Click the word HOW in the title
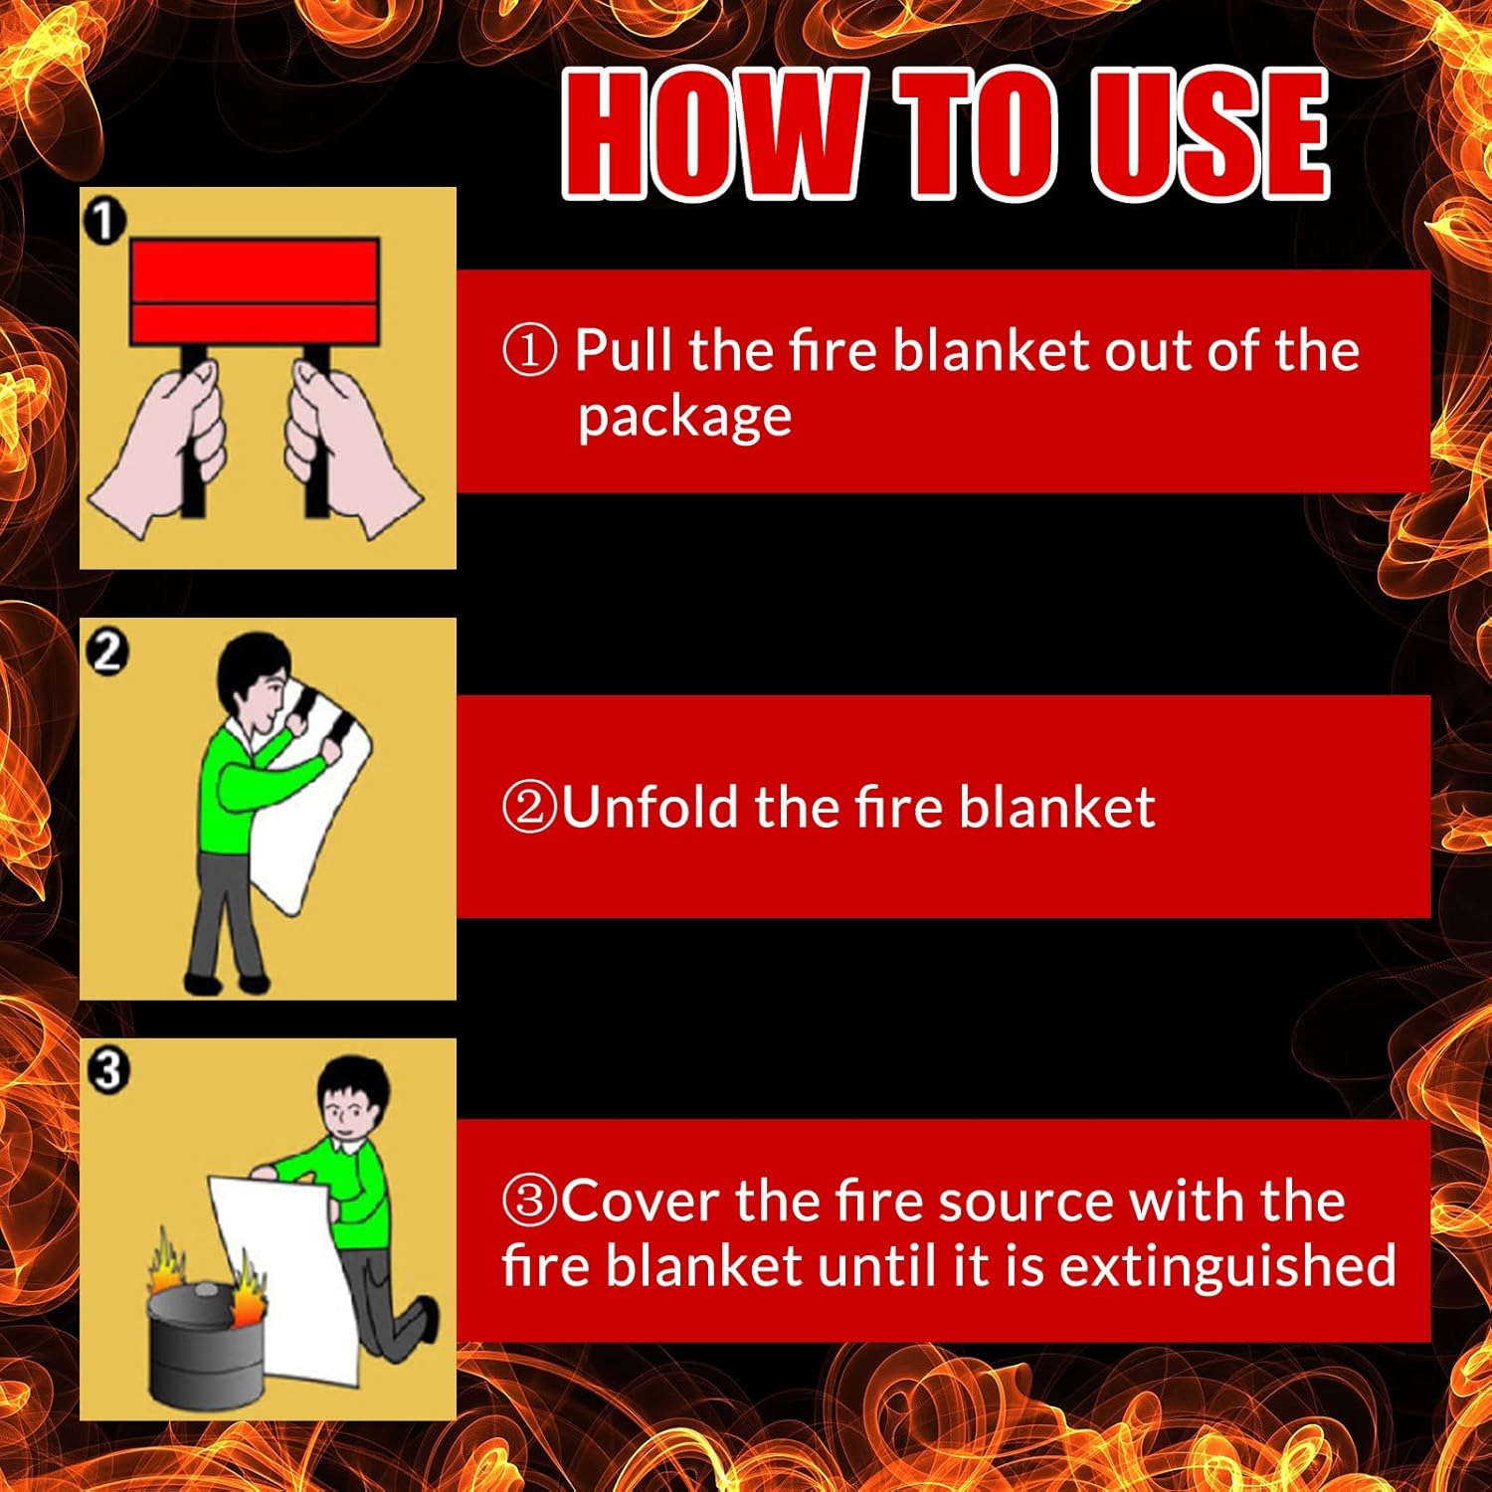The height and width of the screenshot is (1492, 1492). [x=710, y=135]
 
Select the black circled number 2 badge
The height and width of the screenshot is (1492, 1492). [x=106, y=652]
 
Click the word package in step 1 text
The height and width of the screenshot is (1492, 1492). [x=685, y=418]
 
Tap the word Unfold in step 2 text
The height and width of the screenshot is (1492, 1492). [x=651, y=807]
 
